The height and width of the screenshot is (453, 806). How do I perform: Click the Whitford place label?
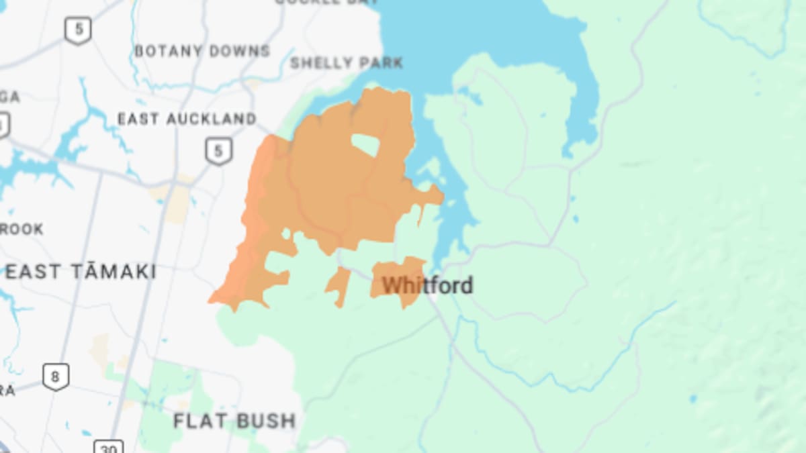(427, 285)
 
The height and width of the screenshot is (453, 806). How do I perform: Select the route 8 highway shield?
(55, 376)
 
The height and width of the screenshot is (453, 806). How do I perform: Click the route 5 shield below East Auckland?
(217, 150)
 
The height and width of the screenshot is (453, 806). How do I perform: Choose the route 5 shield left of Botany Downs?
(79, 30)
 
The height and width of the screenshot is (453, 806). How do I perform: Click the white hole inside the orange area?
(365, 145)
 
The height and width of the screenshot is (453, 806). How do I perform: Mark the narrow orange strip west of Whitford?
(339, 287)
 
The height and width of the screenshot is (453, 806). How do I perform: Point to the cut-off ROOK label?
(21, 229)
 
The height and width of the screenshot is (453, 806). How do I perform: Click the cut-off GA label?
(9, 97)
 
